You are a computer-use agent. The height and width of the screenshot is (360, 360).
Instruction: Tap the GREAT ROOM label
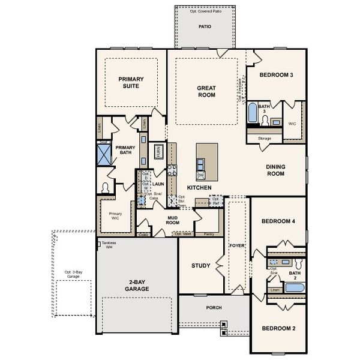coord(206,91)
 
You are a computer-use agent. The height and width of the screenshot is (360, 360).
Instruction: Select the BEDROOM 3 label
coord(276,75)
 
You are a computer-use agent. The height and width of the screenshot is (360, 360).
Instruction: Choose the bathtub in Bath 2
coord(295,288)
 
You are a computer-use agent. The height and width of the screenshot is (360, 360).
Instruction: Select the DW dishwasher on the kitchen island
coord(200,175)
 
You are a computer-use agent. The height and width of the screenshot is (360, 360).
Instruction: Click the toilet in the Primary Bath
coord(106,188)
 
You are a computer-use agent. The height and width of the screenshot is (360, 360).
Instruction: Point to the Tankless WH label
coord(109,244)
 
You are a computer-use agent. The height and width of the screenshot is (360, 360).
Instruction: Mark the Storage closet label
coord(265,139)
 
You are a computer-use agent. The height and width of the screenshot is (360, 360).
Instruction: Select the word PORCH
coord(214,308)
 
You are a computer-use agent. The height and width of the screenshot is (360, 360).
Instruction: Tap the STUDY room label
coord(200,265)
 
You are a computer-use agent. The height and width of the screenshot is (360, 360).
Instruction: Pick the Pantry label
coord(209,233)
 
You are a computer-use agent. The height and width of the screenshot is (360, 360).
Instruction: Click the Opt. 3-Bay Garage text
coord(72,274)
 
